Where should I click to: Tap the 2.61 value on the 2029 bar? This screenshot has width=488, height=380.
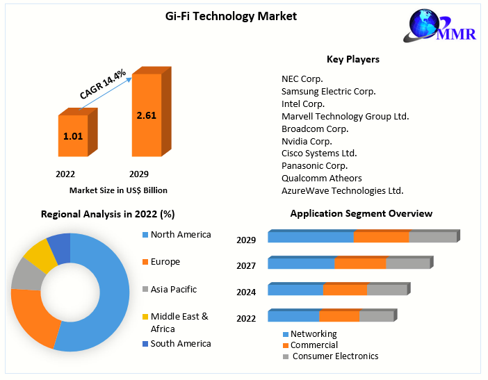tap(147, 115)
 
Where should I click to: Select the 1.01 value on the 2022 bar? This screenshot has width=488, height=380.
tap(73, 136)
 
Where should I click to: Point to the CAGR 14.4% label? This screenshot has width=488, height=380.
tap(102, 84)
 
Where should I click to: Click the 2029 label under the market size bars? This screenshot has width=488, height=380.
tap(139, 174)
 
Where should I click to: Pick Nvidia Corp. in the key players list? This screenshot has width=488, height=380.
tap(307, 141)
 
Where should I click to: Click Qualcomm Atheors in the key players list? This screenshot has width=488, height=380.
tap(321, 178)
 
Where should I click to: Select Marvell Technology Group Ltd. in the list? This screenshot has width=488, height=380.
tap(345, 116)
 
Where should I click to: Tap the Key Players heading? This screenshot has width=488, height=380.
tap(352, 60)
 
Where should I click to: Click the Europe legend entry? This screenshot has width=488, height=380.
tap(165, 262)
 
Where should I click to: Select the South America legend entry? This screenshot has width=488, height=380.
tap(180, 343)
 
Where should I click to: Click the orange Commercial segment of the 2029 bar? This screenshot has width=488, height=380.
tap(381, 237)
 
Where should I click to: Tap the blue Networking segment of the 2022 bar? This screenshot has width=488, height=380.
tap(293, 316)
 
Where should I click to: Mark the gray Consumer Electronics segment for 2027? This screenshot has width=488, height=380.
tap(408, 263)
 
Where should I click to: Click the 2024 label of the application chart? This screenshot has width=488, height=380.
tap(246, 292)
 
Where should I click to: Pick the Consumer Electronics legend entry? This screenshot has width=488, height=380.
tap(335, 356)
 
